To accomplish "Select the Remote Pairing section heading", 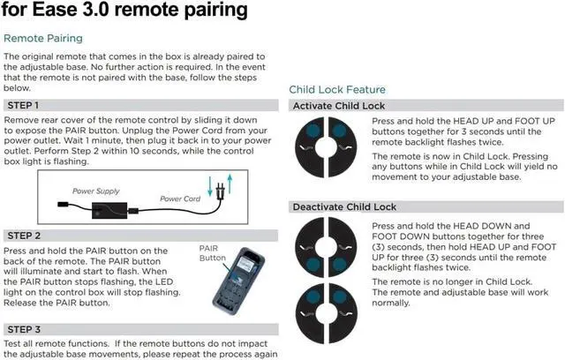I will click(x=43, y=39).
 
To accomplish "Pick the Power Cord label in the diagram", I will click(x=180, y=199).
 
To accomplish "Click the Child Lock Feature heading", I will click(x=337, y=89).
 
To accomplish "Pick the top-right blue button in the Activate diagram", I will click(x=340, y=131).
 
